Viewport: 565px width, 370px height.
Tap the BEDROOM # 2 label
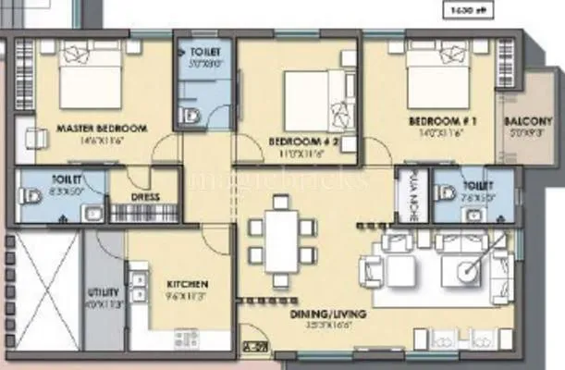tap(295, 141)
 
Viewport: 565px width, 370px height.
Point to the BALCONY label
tap(529, 121)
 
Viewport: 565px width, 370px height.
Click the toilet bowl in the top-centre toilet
tap(191, 116)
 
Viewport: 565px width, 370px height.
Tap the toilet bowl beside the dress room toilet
tap(33, 196)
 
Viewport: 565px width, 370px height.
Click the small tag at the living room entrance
tap(250, 348)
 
